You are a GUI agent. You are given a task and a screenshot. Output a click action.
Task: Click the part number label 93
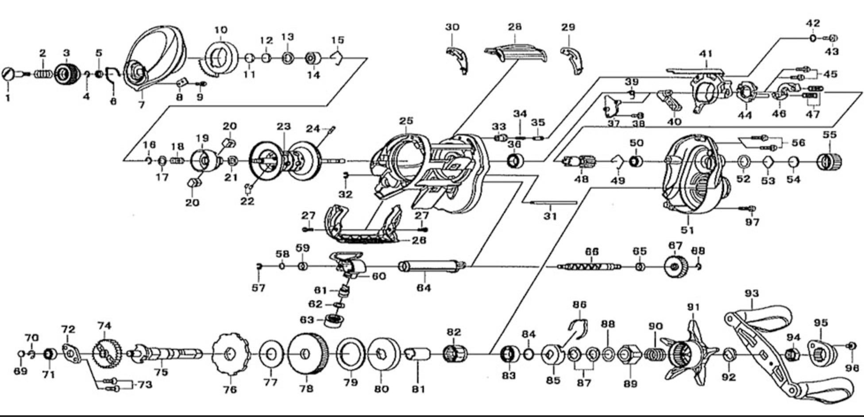(x=752, y=293)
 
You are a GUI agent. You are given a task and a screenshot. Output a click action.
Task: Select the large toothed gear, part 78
(x=308, y=354)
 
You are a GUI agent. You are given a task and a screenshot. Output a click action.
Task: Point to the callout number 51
(x=687, y=230)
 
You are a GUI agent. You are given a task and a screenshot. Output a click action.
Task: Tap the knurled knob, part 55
(x=829, y=162)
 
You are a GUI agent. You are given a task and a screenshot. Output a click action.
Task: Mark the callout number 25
(x=405, y=120)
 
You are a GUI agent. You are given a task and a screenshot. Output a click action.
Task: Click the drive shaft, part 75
(x=168, y=354)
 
